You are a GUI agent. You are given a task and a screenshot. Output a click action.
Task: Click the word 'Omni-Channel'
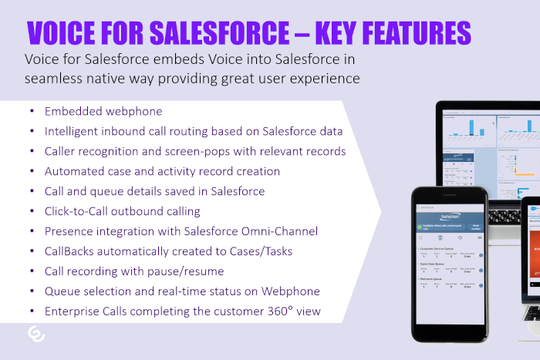(x=278, y=231)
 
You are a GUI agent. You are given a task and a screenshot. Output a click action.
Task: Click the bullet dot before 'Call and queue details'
(x=29, y=191)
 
